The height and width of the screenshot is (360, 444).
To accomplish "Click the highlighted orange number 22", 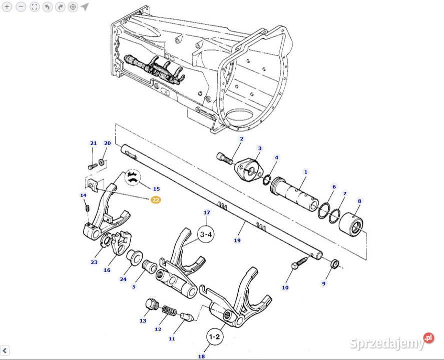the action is point(156,200).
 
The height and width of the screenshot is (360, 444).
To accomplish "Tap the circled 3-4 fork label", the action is point(206,234).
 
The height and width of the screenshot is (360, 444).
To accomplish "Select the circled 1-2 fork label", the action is point(214,336).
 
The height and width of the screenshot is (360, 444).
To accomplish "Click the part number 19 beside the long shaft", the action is point(237,240).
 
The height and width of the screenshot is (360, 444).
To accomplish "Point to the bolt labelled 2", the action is point(225,158).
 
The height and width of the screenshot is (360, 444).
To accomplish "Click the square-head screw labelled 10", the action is point(299,263).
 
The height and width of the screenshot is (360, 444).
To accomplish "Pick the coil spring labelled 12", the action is point(169,310).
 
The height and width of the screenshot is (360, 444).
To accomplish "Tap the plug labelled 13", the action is point(152,304).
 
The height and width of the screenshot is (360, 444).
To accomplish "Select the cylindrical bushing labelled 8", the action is point(351,224).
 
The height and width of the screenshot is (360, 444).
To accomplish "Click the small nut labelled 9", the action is point(334,264).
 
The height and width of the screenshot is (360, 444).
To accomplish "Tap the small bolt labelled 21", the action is point(93,166).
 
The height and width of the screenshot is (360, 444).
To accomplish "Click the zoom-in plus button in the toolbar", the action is point(7,7).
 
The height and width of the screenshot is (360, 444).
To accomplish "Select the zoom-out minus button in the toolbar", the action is point(21,7).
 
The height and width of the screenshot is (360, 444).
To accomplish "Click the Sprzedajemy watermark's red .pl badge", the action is point(428,338).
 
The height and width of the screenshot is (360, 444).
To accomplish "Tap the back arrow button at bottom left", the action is point(5,350).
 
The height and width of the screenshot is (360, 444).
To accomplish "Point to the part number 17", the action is point(207,212).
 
